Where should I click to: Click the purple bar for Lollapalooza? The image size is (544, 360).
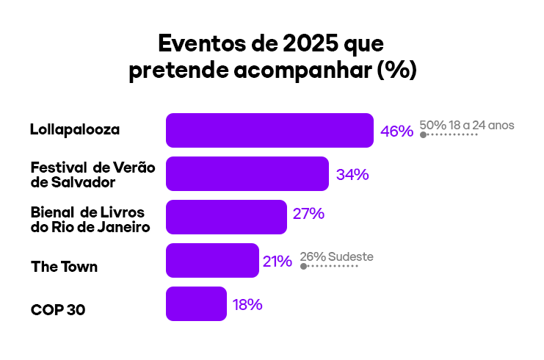[269, 131]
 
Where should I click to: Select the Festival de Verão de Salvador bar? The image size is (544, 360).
[247, 174]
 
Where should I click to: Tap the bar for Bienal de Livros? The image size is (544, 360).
[226, 217]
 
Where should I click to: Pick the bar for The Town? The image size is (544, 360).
[212, 261]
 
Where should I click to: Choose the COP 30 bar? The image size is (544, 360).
[196, 304]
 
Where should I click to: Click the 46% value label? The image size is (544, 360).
[396, 132]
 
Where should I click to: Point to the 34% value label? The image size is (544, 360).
[352, 175]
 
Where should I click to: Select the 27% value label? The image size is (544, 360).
[308, 215]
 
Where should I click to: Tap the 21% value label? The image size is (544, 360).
[278, 261]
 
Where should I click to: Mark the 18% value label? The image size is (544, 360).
[247, 304]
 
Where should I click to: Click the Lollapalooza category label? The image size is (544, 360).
[75, 130]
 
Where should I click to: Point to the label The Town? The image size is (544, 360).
[64, 267]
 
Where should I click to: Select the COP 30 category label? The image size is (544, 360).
[58, 310]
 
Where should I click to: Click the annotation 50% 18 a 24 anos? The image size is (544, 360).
[467, 125]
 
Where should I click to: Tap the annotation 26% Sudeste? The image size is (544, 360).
[337, 256]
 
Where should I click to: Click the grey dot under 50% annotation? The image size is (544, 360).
[423, 135]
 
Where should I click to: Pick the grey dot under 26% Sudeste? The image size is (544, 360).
[303, 266]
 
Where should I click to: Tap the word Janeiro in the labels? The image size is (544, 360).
[121, 226]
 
